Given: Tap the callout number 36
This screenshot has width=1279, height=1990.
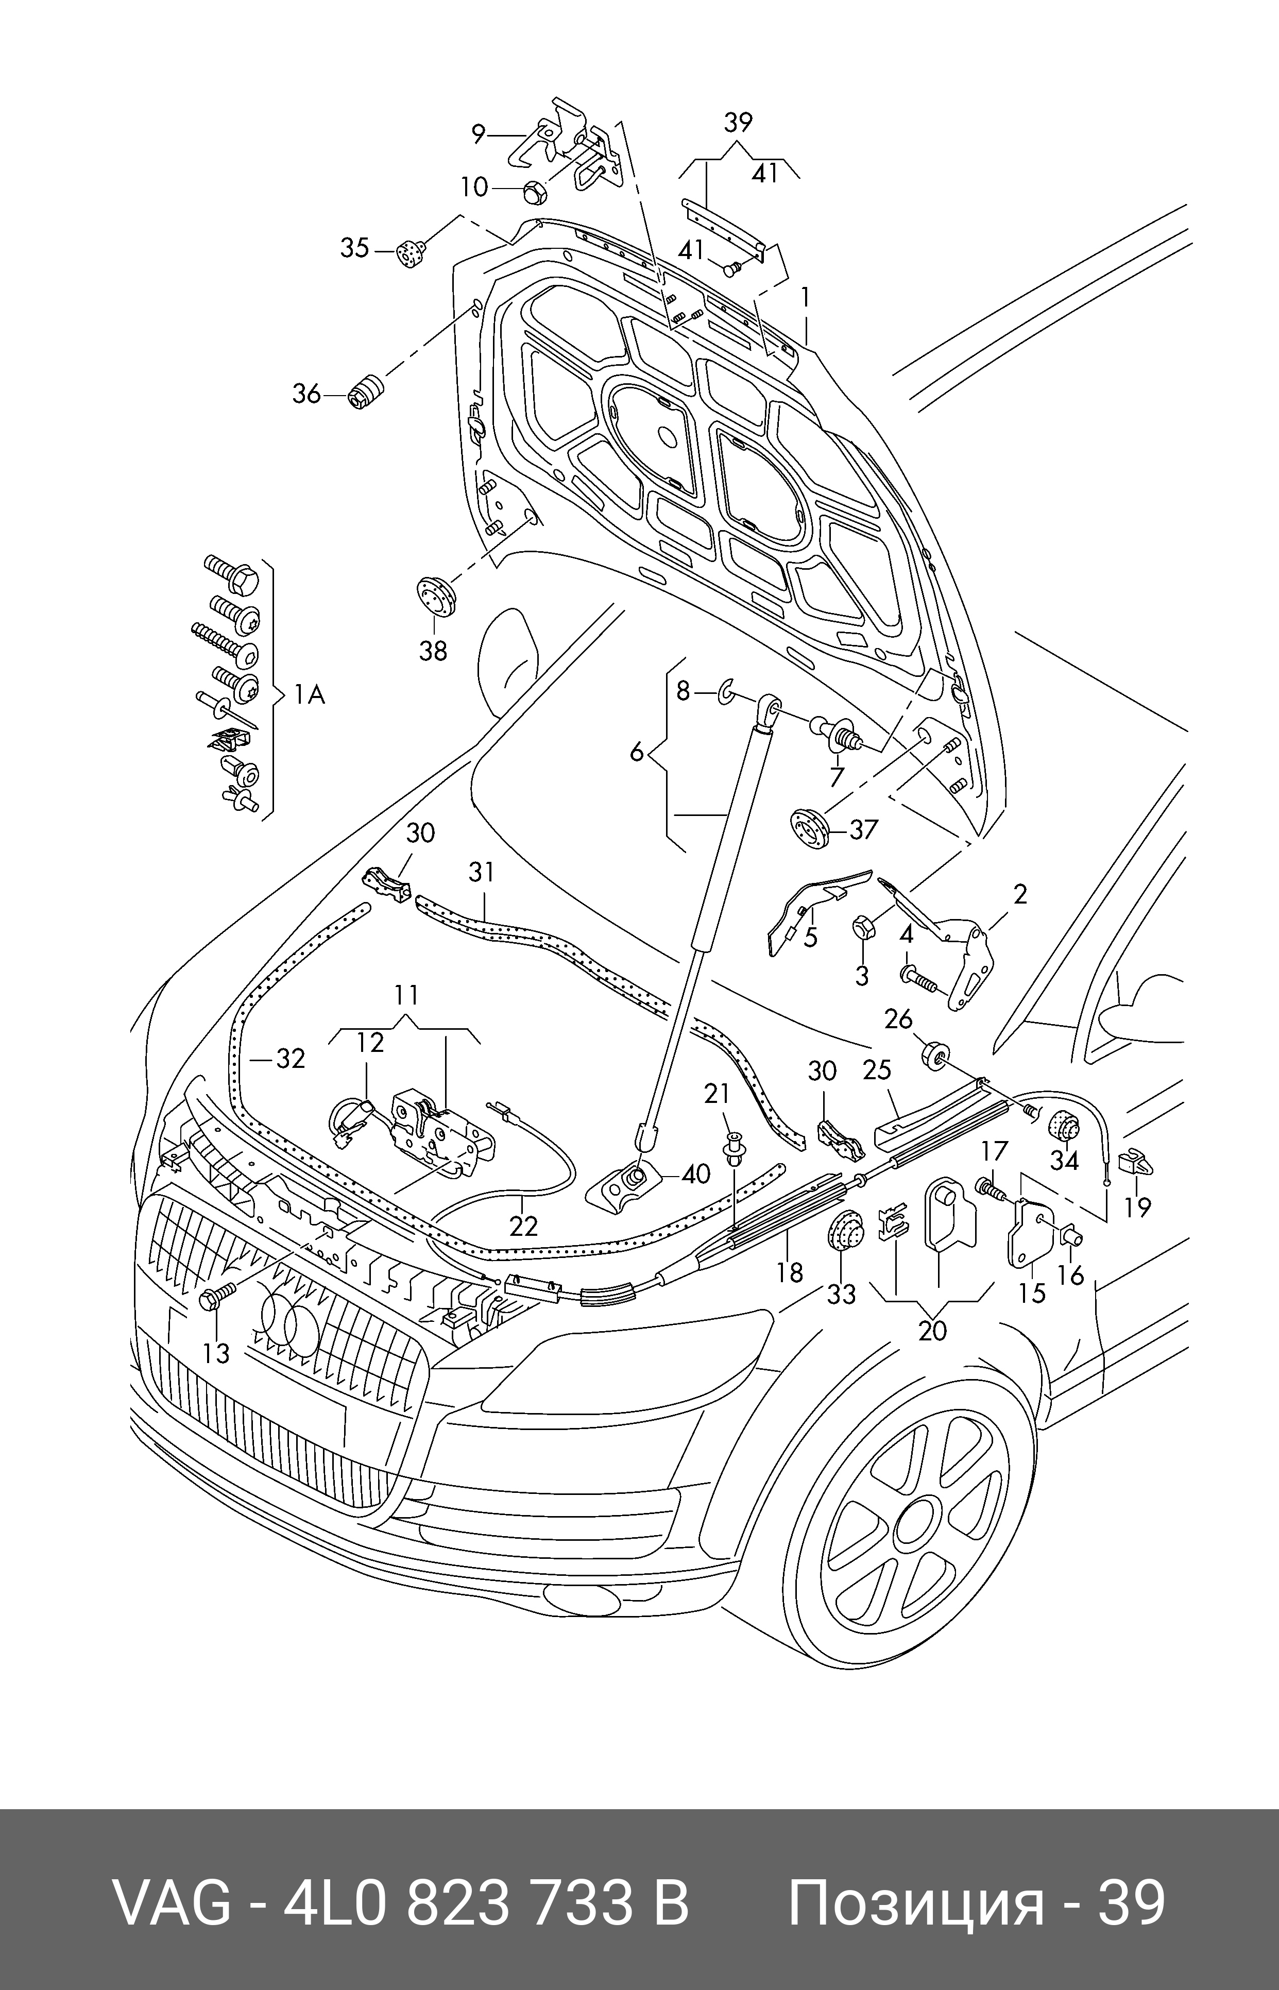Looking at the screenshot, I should [305, 394].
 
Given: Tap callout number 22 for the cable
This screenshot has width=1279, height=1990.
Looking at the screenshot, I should [523, 1226].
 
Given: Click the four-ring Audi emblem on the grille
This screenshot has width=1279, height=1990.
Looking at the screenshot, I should [289, 1325].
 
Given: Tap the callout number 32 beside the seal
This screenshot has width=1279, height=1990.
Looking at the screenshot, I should [290, 1059].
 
